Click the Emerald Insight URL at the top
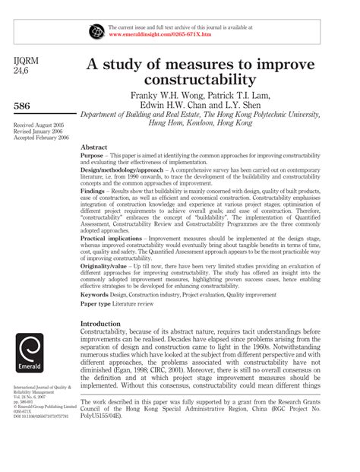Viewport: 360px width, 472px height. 157,35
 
